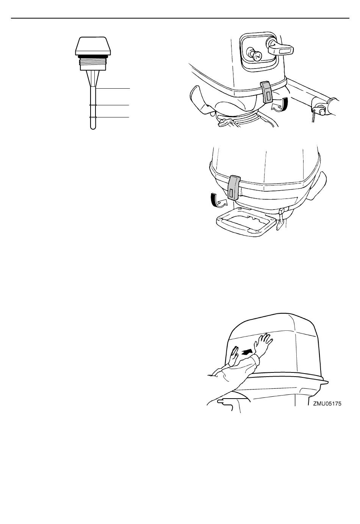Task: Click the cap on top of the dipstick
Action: tap(93, 46)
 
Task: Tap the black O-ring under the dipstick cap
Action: tap(93, 56)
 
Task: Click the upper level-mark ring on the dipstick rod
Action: tap(93, 105)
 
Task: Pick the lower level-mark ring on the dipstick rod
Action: tap(93, 117)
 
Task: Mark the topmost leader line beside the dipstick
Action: tap(113, 89)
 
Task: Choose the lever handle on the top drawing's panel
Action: tap(280, 48)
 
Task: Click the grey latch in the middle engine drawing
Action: tap(234, 188)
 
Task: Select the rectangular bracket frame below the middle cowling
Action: tap(246, 221)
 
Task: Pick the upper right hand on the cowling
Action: tap(263, 343)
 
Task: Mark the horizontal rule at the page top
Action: tap(180, 18)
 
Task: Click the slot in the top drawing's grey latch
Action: tap(268, 96)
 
